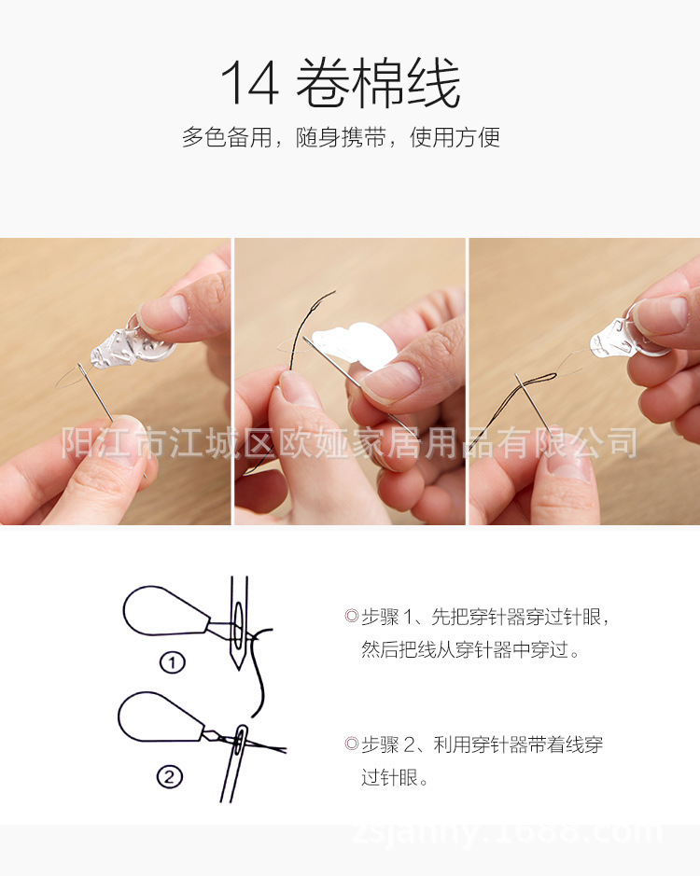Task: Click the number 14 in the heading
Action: click(249, 84)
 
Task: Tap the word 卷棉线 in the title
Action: click(378, 84)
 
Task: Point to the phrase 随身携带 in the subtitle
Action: click(343, 138)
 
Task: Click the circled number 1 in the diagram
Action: click(172, 662)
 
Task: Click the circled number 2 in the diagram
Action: click(169, 775)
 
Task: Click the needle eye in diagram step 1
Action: click(237, 624)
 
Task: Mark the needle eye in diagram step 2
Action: click(242, 739)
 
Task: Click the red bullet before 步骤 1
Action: click(351, 617)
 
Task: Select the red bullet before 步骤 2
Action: click(351, 744)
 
